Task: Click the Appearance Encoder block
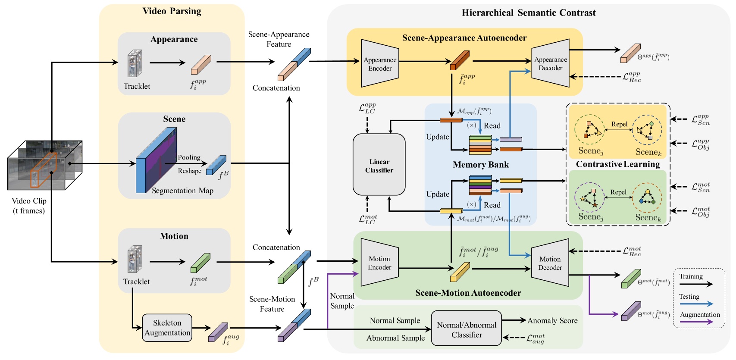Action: (380, 64)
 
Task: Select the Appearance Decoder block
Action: (551, 64)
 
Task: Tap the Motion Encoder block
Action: (379, 263)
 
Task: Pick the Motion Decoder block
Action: (550, 263)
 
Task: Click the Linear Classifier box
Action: (379, 166)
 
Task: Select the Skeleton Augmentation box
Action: (167, 328)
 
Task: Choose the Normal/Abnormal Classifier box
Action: (467, 330)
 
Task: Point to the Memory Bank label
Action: (481, 165)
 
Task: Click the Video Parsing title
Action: (172, 11)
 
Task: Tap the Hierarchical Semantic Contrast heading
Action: (529, 13)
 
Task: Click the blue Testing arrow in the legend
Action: (696, 304)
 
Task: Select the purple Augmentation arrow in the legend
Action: (696, 322)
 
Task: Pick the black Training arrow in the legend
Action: (696, 284)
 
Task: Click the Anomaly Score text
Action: (552, 320)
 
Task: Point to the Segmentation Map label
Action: (182, 191)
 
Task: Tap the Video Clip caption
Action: (29, 206)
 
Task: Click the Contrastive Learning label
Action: (618, 164)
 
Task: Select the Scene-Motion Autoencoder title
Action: (468, 293)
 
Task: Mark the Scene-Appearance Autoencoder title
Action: (464, 38)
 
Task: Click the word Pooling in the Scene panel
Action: (189, 157)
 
